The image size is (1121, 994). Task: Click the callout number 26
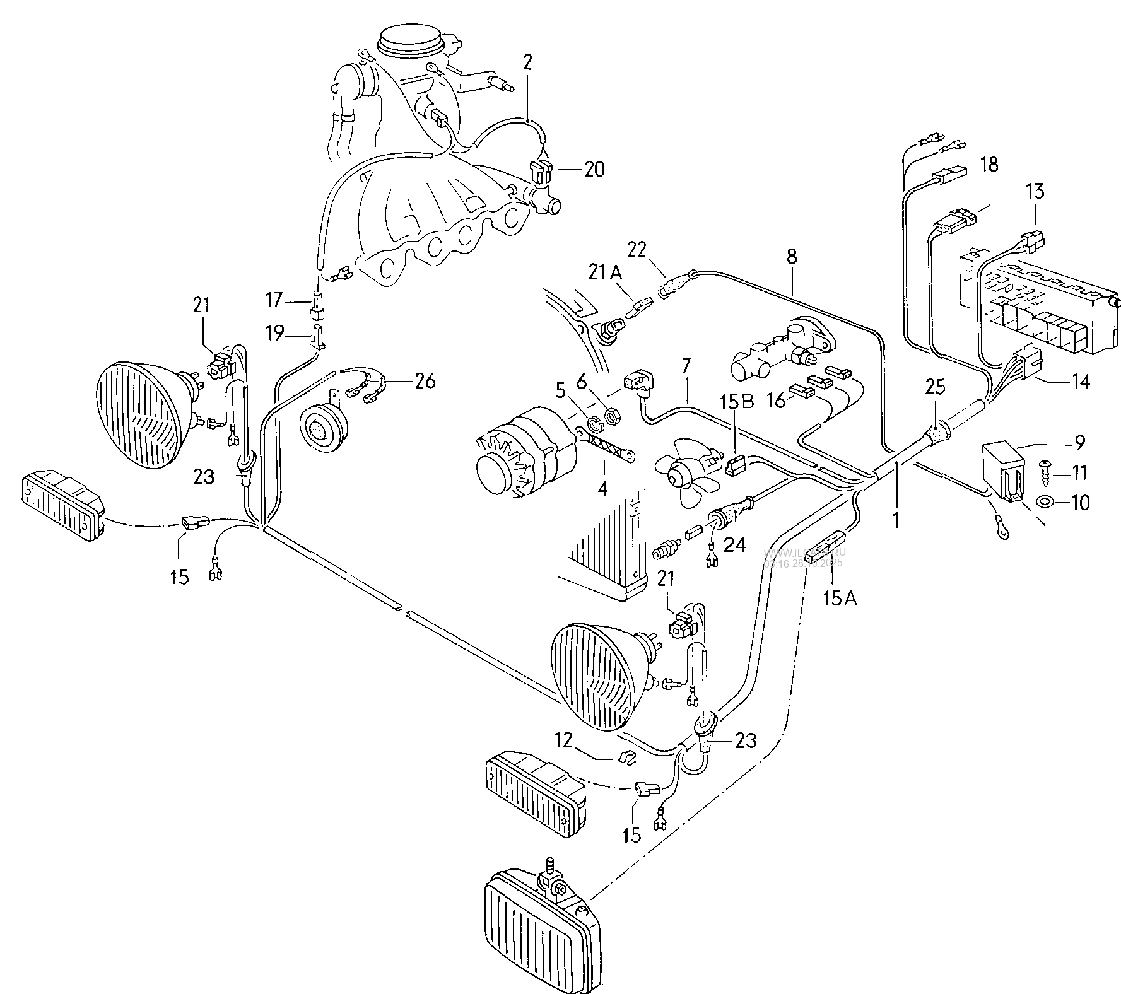tap(425, 382)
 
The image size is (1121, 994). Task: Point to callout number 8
tap(792, 257)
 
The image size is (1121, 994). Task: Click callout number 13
tap(1035, 191)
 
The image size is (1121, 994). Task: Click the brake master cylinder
tap(782, 352)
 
